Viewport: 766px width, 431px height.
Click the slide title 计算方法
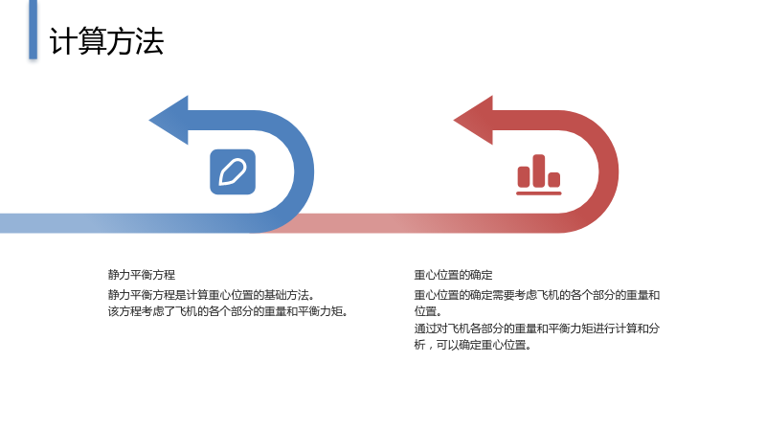(106, 41)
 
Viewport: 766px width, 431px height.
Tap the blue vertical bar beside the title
(33, 30)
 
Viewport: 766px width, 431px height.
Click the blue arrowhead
(169, 121)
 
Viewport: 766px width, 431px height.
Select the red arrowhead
(473, 121)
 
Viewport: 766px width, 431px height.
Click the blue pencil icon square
(233, 172)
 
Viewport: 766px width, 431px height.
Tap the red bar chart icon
(539, 175)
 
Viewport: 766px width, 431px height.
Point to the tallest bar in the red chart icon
(539, 171)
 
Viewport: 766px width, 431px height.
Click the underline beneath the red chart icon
(539, 193)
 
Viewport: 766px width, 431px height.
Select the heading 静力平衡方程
(142, 275)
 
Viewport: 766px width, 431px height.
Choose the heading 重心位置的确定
(453, 275)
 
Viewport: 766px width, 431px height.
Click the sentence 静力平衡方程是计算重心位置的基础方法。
(211, 295)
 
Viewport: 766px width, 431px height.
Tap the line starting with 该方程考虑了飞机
(228, 311)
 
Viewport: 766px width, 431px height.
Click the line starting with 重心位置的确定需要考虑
(537, 295)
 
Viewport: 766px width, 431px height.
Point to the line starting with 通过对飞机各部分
(537, 328)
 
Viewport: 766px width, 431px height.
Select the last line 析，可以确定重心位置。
(473, 345)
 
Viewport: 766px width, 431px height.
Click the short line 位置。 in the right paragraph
(428, 311)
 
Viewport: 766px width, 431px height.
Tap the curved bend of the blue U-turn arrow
(304, 172)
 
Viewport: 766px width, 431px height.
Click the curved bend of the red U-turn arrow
(609, 172)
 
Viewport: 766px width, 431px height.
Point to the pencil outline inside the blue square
(233, 172)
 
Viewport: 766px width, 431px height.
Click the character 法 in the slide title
(149, 41)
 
